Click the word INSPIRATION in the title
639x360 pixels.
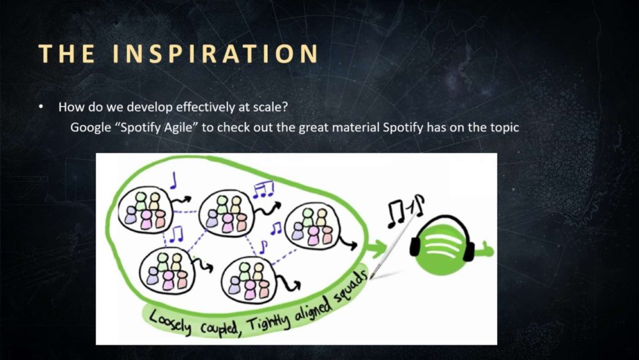point(215,54)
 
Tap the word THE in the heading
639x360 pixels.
point(67,54)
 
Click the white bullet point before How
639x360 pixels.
point(41,107)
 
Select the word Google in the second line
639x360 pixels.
point(91,128)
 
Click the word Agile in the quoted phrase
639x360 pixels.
point(177,128)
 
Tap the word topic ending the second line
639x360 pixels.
point(505,128)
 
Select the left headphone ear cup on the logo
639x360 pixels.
point(415,246)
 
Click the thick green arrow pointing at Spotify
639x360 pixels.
point(376,248)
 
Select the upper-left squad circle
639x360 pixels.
point(142,210)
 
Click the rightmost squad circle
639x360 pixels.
point(312,227)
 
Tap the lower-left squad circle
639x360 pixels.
point(167,270)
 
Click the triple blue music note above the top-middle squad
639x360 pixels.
point(263,190)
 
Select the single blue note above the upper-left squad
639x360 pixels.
point(174,180)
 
